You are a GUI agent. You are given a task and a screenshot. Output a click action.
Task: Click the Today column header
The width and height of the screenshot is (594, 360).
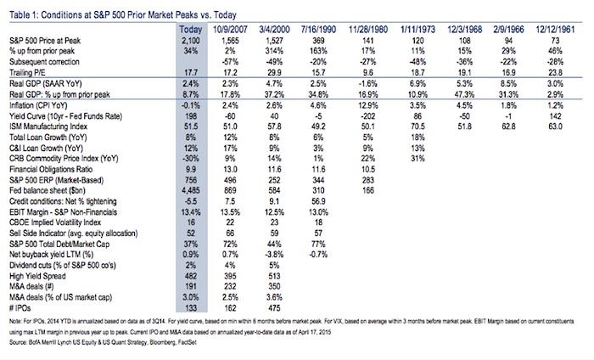(191, 30)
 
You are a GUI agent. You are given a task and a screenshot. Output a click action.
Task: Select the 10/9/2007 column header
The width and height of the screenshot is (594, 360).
(230, 30)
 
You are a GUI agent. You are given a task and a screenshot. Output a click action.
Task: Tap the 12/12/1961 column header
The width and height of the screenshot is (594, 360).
(555, 30)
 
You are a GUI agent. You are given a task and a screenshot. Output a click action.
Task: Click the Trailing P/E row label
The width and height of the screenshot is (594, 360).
(28, 73)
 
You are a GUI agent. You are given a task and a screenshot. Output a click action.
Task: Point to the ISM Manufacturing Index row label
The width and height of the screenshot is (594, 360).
(48, 127)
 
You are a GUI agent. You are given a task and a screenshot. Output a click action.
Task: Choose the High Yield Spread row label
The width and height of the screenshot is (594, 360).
(37, 276)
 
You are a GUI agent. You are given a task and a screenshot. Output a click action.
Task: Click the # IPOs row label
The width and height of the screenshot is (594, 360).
(20, 308)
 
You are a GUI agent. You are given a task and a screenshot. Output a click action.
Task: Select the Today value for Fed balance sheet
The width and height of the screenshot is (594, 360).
(191, 190)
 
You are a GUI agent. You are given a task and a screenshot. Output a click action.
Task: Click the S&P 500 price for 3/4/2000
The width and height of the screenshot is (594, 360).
(274, 41)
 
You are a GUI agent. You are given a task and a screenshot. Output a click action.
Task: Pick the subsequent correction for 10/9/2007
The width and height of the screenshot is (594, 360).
(230, 62)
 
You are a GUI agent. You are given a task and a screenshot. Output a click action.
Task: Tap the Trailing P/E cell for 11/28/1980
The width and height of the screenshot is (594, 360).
(367, 73)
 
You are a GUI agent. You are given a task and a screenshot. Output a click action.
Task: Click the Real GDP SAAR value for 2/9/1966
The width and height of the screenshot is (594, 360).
(508, 83)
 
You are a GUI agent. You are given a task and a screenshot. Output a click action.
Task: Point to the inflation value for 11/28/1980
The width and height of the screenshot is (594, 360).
(367, 105)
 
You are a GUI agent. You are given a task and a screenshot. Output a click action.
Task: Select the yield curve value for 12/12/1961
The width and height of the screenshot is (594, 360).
(555, 116)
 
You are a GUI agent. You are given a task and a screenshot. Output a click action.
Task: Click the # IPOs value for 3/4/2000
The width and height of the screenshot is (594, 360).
(274, 308)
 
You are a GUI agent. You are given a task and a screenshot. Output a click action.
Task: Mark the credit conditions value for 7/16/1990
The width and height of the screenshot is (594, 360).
(318, 201)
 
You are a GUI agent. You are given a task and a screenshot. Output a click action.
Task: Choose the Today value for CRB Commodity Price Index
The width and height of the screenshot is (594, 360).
(191, 159)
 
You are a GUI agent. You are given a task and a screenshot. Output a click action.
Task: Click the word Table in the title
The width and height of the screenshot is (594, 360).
(18, 15)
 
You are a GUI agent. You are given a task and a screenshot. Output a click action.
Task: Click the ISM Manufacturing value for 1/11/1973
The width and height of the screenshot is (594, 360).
(417, 127)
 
